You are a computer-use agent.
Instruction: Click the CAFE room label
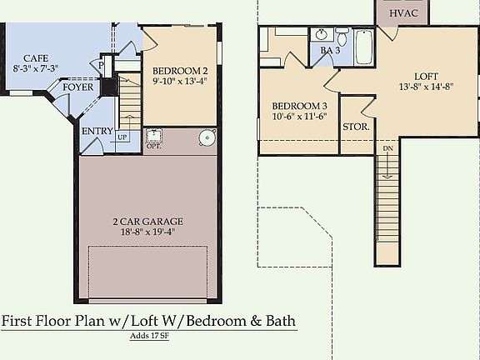tap(30, 58)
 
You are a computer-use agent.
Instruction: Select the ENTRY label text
tap(97, 131)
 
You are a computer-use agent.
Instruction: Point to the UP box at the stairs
tap(122, 137)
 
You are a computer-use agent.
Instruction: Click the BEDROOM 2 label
tap(180, 71)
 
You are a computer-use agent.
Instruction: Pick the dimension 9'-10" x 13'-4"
tap(180, 82)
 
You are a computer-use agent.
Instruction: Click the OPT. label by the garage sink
tap(153, 146)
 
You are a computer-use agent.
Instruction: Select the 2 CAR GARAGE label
tap(148, 222)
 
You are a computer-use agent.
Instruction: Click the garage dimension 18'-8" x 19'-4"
tap(148, 233)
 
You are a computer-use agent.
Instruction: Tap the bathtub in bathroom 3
tap(364, 47)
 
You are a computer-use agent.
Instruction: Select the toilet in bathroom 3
tap(342, 38)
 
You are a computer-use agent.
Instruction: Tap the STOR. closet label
tap(357, 127)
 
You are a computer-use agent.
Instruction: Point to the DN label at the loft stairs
tap(387, 148)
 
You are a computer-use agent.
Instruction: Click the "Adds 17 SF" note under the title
tap(148, 337)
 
